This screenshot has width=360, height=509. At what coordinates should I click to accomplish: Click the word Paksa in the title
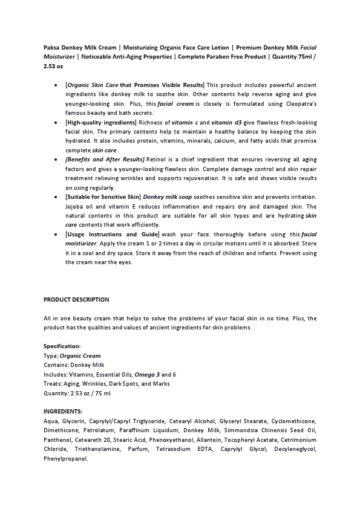tap(52, 46)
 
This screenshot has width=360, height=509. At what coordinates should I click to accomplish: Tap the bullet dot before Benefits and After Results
tap(56, 159)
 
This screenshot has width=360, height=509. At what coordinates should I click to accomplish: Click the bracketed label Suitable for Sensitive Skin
tap(103, 196)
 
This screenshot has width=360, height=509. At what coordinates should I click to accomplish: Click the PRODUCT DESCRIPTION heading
tap(76, 299)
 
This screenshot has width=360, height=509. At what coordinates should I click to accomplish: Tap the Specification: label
tap(62, 346)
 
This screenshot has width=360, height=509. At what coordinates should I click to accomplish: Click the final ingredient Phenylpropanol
tap(65, 459)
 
